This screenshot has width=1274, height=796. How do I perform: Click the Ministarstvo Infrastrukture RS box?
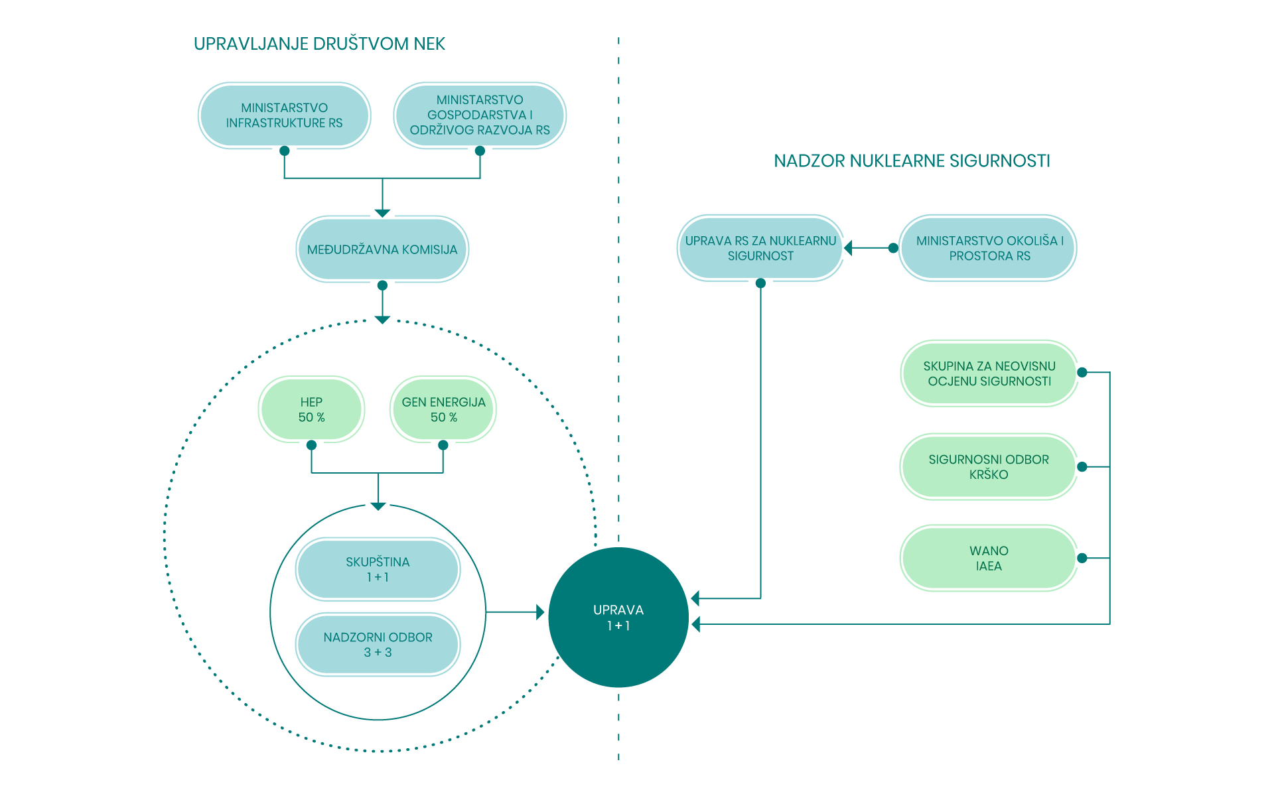[284, 115]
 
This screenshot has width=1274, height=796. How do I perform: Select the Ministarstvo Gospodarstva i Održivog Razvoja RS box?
[480, 115]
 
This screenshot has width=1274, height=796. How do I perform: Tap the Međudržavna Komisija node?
[382, 249]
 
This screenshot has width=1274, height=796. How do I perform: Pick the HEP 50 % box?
[311, 409]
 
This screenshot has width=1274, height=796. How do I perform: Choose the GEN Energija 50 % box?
[443, 409]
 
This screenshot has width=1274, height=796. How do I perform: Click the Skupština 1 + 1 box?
[378, 569]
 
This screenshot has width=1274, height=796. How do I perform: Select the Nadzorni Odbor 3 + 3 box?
[378, 644]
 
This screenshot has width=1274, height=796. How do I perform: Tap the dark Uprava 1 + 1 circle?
[618, 618]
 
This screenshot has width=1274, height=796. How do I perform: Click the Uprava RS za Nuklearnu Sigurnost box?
[760, 248]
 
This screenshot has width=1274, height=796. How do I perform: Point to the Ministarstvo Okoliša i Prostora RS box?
[988, 248]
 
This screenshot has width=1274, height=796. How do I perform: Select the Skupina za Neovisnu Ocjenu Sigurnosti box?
[989, 373]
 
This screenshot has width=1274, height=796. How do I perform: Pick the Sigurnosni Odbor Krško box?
[989, 466]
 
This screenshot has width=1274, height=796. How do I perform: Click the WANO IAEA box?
[989, 558]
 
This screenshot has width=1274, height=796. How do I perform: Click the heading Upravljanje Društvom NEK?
[319, 44]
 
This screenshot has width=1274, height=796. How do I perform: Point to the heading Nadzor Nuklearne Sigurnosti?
[912, 161]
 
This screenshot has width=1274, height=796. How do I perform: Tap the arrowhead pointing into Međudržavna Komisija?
[382, 213]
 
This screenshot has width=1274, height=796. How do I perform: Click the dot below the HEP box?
[311, 445]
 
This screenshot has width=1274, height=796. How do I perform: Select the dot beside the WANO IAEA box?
[1082, 558]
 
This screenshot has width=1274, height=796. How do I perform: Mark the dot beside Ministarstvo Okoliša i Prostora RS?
[893, 248]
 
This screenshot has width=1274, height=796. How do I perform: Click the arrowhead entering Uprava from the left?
[540, 612]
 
